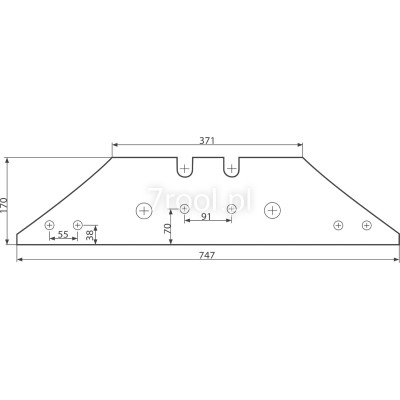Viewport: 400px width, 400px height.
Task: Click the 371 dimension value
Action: (x=207, y=140)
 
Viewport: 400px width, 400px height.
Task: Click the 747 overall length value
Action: (x=207, y=255)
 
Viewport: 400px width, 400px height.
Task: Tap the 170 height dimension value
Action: (x=4, y=206)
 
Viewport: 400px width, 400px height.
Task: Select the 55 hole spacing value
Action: (x=63, y=234)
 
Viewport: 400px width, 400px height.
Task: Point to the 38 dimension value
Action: (x=90, y=235)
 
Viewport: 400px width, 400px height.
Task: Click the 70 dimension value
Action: (x=167, y=228)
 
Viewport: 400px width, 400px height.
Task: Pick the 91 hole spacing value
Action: (x=206, y=216)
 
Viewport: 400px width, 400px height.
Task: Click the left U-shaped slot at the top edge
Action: (x=184, y=167)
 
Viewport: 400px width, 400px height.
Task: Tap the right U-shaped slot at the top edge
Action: (x=231, y=167)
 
